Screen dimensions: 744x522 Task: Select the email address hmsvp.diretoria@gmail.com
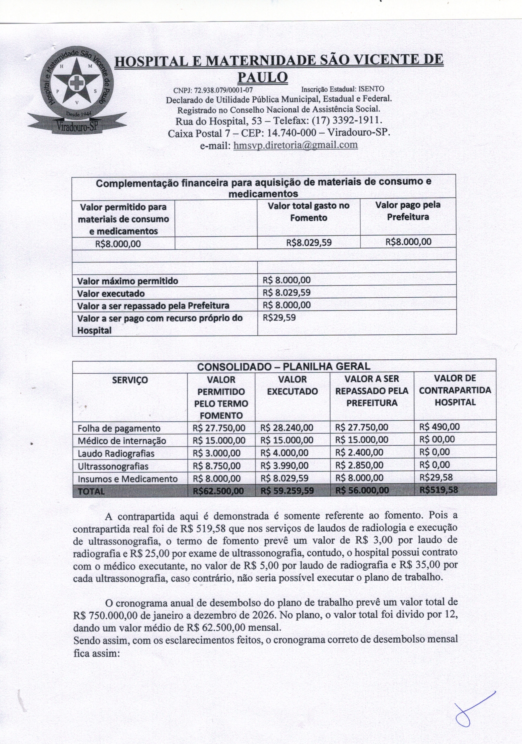coord(296,145)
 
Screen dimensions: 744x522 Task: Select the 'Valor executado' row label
coord(111,294)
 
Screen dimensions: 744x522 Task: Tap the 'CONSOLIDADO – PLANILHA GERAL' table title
coord(284,366)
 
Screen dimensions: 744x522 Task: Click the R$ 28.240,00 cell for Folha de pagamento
coord(287,427)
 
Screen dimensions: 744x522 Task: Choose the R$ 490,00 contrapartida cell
coord(439,426)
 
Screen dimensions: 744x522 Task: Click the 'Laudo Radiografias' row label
coord(116,453)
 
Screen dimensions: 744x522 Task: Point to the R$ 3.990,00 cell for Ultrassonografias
coord(283,466)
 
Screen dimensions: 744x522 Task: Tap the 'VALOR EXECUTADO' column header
coord(292,385)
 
